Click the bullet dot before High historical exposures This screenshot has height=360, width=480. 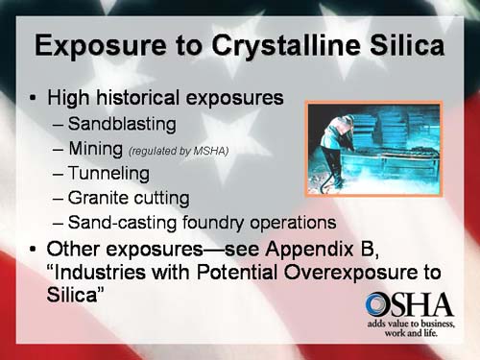pos(35,98)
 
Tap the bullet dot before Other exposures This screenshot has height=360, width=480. pos(35,250)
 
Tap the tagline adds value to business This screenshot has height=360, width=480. pos(410,328)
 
